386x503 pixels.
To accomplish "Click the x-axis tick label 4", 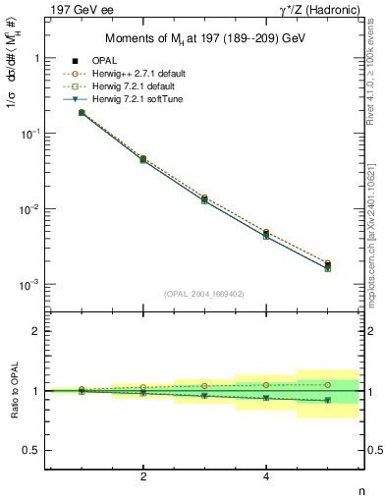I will click(x=266, y=477).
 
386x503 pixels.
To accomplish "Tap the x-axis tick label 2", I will click(x=143, y=477).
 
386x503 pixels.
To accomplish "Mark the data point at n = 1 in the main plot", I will click(x=82, y=113).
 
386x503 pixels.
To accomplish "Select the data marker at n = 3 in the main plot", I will click(x=204, y=199).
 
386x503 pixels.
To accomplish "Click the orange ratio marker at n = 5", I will click(x=327, y=384).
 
